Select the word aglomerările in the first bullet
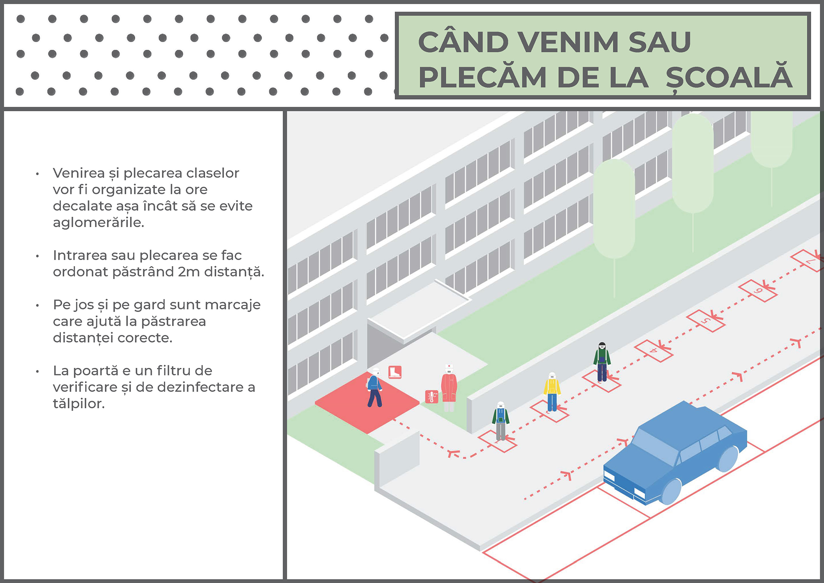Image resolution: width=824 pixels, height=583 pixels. tap(98, 222)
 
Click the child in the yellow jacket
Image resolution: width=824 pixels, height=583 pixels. tap(552, 392)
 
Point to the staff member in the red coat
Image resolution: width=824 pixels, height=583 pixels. tap(449, 388)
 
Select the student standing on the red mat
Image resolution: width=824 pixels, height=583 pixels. tap(374, 388)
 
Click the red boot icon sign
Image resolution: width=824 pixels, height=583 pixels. tap(395, 372)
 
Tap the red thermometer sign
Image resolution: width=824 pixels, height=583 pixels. tap(431, 396)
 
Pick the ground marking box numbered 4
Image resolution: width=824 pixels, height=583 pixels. tap(654, 351)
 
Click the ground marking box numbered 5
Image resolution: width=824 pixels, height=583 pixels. tap(706, 320)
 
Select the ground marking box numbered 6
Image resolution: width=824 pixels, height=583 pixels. tap(758, 291)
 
